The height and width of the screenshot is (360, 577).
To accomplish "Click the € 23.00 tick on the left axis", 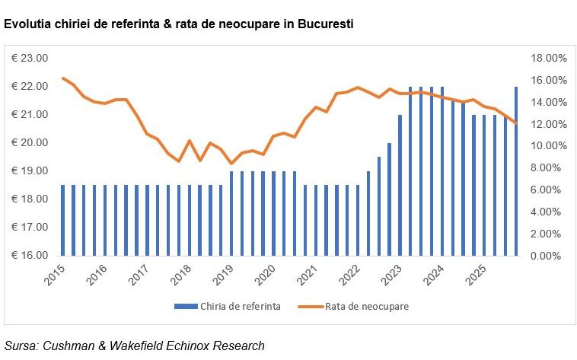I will tap(29, 59).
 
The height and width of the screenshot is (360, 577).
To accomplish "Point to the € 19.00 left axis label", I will tap(29, 171).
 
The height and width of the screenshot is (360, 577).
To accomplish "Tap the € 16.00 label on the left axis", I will tap(29, 256).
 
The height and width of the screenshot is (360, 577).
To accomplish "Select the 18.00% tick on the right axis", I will tap(548, 59).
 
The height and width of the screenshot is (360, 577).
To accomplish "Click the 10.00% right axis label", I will tap(548, 146).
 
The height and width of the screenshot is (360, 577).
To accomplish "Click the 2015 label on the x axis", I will tap(56, 275).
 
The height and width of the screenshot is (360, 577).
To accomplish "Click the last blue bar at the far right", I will tap(516, 171).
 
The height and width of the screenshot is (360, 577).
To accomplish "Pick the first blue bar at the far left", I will tap(63, 221).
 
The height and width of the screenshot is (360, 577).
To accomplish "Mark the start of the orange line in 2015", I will tap(63, 78).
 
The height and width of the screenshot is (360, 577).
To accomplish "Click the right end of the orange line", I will tap(516, 123).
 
